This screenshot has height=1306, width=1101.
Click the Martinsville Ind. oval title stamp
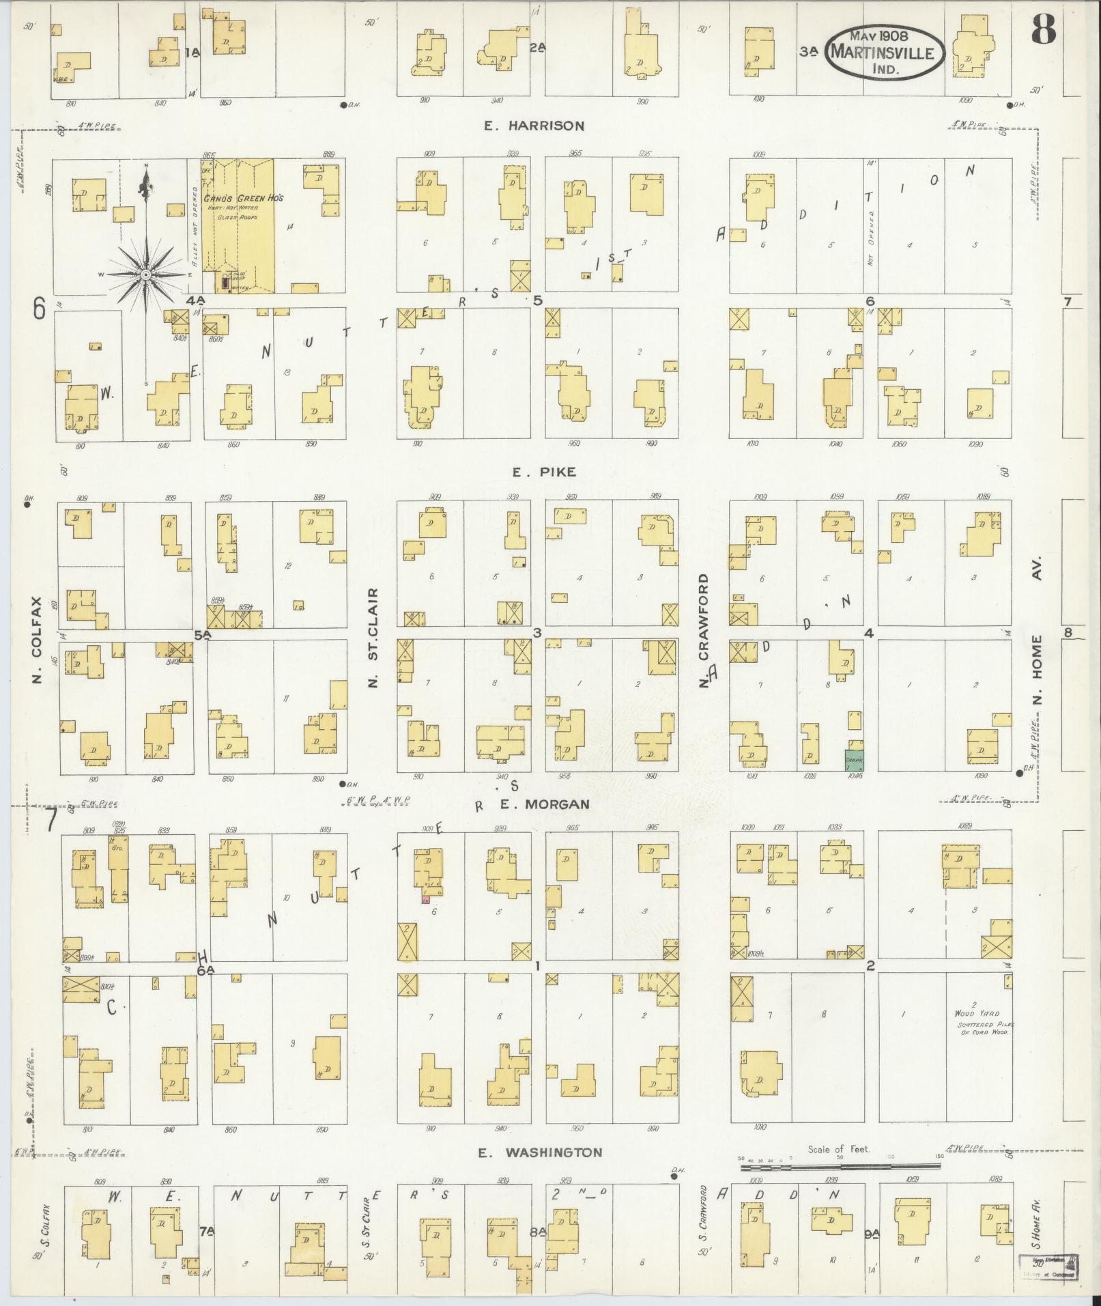point(885,53)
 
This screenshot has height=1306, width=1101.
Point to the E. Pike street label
point(543,472)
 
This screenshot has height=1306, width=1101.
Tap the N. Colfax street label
point(36,640)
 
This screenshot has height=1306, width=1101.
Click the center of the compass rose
point(145,274)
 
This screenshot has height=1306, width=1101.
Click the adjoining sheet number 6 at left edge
point(39,311)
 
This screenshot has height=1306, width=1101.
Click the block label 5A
point(203,636)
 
